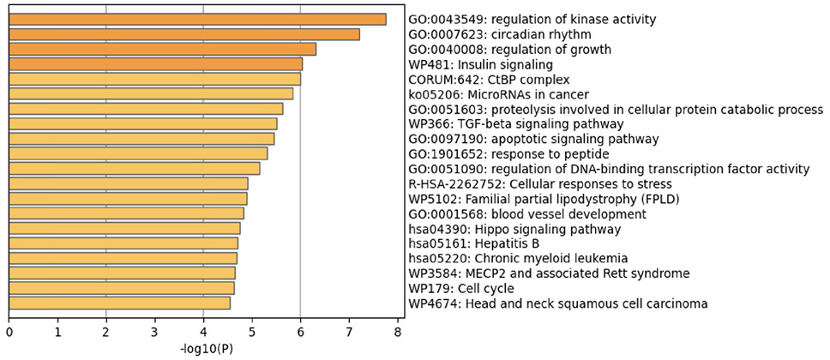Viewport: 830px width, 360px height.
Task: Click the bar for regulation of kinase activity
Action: (x=197, y=19)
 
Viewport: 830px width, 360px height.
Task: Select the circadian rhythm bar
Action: (x=184, y=34)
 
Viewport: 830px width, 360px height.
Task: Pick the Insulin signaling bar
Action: (x=155, y=63)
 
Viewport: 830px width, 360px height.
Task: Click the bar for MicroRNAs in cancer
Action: (x=151, y=93)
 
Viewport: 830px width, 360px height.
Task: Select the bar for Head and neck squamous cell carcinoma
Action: (x=119, y=303)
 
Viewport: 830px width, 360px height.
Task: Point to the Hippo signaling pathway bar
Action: (x=124, y=228)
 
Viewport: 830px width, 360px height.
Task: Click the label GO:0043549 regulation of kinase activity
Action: (x=532, y=19)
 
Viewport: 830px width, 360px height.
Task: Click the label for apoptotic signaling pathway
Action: (x=533, y=139)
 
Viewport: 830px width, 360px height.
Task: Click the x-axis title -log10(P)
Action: (x=205, y=350)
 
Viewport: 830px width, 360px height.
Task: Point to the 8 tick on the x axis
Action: (x=396, y=330)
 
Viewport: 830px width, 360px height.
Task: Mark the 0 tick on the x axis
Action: (x=9, y=330)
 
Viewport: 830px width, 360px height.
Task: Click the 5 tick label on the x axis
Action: (x=251, y=330)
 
